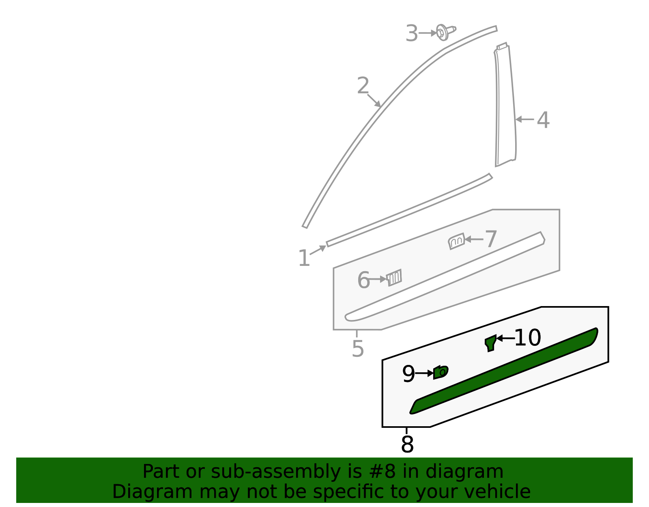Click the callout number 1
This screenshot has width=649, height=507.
304,259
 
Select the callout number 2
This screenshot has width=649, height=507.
363,86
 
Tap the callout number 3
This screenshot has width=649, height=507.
411,33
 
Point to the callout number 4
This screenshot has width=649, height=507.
543,120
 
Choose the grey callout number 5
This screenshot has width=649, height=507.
358,348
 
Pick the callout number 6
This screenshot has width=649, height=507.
363,280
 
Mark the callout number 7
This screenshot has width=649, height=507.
491,239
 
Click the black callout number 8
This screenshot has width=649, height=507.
407,444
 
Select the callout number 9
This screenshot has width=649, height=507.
408,374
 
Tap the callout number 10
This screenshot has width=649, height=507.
527,338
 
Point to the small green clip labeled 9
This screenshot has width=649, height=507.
441,372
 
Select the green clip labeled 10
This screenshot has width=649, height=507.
491,343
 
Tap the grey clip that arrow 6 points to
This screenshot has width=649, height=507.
394,278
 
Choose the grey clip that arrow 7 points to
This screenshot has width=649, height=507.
457,241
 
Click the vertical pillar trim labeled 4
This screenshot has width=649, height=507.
505,106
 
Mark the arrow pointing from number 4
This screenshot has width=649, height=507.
524,120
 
